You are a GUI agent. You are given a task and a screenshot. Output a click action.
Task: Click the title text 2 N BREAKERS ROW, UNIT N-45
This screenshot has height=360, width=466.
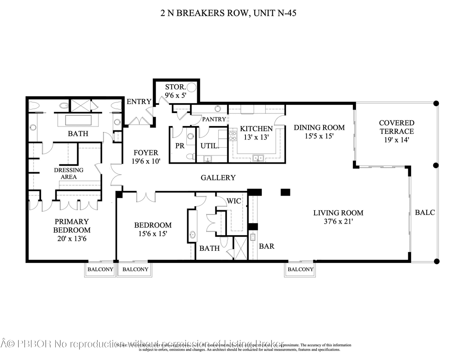(227, 13)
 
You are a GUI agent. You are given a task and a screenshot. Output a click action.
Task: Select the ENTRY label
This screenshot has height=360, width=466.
(139, 102)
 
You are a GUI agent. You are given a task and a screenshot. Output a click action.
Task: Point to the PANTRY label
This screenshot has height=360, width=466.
(214, 119)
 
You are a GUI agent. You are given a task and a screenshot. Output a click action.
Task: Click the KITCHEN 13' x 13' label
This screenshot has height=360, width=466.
(256, 133)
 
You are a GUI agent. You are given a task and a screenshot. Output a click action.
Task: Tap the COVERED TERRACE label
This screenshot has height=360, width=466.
(396, 131)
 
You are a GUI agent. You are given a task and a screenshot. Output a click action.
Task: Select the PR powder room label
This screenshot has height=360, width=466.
(180, 146)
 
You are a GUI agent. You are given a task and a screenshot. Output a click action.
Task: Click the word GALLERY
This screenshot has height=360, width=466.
(218, 177)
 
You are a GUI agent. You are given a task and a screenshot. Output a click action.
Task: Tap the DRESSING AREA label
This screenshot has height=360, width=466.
(69, 174)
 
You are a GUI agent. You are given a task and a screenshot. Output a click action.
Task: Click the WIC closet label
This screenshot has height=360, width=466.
(233, 201)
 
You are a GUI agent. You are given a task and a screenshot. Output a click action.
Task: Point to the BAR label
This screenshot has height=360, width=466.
(266, 246)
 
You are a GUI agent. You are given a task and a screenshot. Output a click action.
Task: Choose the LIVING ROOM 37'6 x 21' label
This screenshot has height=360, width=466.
(338, 217)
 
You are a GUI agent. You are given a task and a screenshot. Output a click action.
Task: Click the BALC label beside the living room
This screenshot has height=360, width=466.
(425, 212)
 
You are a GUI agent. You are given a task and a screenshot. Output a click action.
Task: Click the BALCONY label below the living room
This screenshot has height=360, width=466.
(300, 269)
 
